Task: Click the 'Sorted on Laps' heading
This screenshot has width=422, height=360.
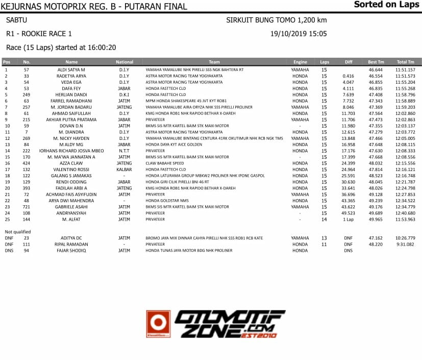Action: [x=386, y=5]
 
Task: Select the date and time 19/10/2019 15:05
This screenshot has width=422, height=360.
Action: [x=299, y=34]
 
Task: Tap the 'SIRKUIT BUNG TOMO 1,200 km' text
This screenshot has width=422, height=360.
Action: [x=277, y=20]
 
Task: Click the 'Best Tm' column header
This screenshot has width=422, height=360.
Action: [x=376, y=62]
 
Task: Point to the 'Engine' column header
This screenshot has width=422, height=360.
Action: [x=300, y=62]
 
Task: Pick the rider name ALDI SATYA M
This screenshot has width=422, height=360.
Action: [x=71, y=69]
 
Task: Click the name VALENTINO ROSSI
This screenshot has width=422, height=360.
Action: [x=71, y=170]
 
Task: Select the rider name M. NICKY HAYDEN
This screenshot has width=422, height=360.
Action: [x=71, y=138]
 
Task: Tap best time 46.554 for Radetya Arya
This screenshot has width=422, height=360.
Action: [x=376, y=76]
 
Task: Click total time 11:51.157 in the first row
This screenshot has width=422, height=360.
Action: [x=405, y=69]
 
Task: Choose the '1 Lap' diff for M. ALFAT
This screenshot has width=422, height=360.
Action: [x=349, y=220]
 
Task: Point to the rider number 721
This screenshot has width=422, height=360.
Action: [x=27, y=207]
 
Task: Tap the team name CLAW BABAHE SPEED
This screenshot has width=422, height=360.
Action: [x=165, y=163]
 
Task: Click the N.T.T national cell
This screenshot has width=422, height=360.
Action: [x=124, y=151]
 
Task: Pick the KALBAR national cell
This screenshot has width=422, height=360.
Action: [x=124, y=170]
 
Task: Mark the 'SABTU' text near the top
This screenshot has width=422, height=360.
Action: [x=16, y=20]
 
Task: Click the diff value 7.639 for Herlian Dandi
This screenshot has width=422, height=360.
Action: [x=349, y=94]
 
